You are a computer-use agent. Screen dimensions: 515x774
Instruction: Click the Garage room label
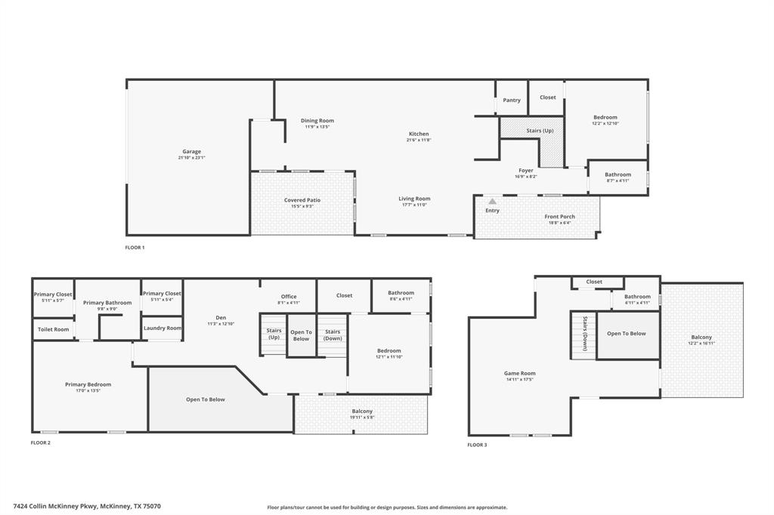(x=191, y=151)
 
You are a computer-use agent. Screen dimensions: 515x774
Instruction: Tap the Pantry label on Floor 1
(x=512, y=100)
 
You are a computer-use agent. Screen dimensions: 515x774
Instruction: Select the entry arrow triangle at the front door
(x=492, y=202)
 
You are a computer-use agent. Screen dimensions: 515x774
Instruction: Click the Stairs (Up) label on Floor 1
(x=540, y=131)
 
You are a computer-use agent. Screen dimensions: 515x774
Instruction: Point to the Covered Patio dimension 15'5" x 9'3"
(x=302, y=206)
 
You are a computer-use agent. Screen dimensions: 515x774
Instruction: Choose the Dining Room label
(x=317, y=120)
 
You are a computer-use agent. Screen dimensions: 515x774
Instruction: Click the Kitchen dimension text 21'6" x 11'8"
(x=418, y=140)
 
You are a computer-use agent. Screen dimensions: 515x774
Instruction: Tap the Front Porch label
(x=559, y=217)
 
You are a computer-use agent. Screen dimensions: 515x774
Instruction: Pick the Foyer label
(x=526, y=170)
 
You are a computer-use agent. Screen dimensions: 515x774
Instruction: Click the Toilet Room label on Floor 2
(x=54, y=329)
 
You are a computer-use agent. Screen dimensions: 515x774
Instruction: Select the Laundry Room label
(x=163, y=328)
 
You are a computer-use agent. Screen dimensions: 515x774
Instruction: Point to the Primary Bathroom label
(x=107, y=302)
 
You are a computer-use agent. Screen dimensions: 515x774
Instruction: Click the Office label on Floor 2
(x=289, y=296)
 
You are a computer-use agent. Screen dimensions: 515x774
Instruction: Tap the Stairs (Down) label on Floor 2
(x=333, y=334)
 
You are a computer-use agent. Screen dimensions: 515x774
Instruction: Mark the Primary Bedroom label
(x=88, y=384)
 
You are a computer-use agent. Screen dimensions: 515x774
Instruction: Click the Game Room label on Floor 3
(x=519, y=373)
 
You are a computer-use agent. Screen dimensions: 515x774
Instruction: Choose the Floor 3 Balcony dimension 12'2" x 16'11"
(x=701, y=343)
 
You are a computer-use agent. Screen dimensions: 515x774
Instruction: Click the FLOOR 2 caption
(x=40, y=443)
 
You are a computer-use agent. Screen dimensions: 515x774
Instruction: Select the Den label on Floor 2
(x=221, y=317)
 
